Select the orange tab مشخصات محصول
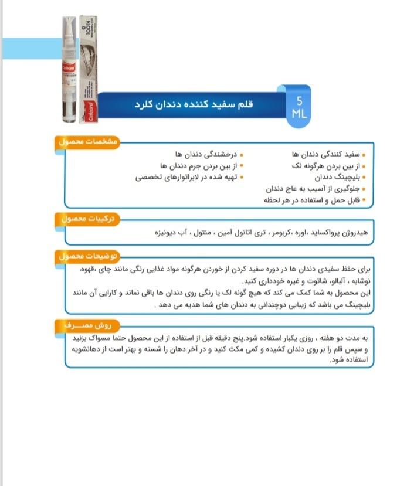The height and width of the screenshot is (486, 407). (88, 142)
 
